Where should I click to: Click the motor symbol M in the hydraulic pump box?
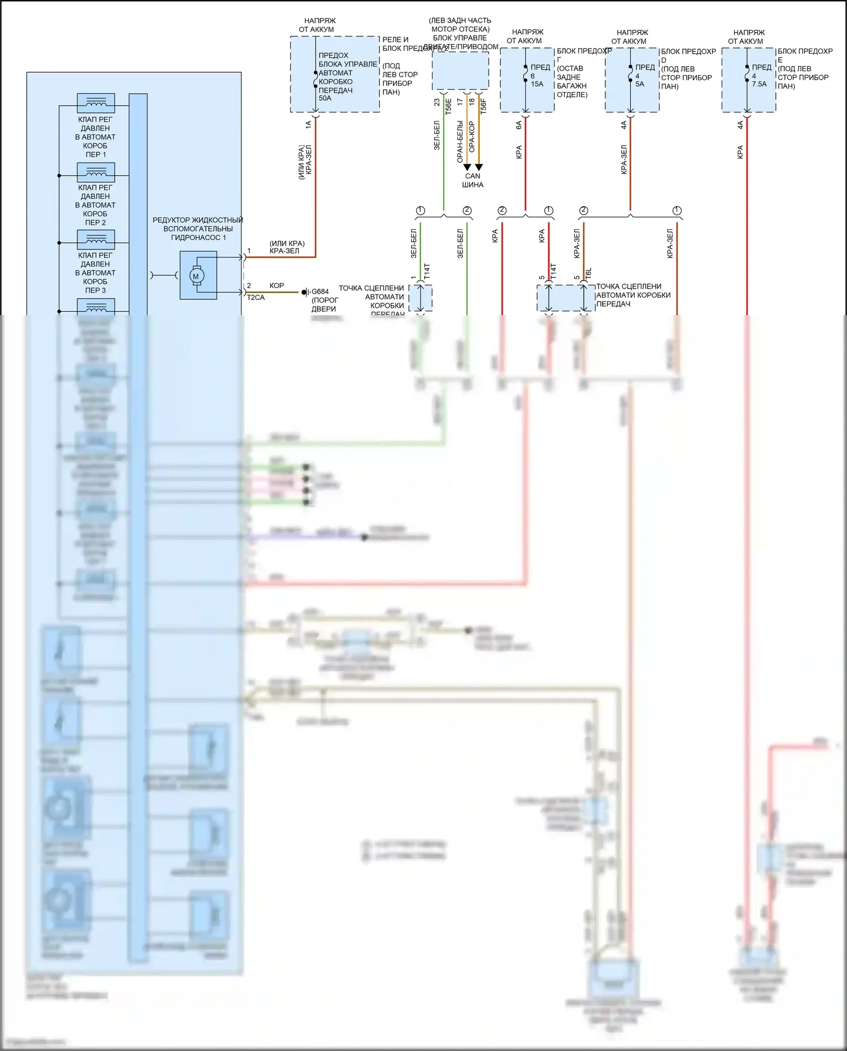(x=196, y=276)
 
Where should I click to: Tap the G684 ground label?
(x=320, y=292)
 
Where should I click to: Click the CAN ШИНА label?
(x=473, y=180)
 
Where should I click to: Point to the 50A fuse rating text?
(x=325, y=98)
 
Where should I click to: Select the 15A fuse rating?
(x=537, y=84)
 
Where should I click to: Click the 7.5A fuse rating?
(x=759, y=84)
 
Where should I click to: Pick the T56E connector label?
(x=448, y=107)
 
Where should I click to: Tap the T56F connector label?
(x=483, y=106)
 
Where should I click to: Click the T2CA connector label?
(x=256, y=298)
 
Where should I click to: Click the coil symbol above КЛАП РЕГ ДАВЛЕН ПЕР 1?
(x=96, y=103)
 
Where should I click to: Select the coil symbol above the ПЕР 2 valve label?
(x=96, y=172)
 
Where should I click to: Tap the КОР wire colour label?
(x=277, y=286)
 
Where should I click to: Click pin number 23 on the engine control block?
(x=437, y=102)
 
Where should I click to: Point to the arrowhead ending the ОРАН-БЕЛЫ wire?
(x=467, y=167)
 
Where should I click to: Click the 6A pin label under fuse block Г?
(x=519, y=125)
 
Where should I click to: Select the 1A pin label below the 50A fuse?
(x=308, y=125)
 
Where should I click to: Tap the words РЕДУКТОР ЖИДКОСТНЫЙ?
(x=198, y=220)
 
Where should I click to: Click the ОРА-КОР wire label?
(x=472, y=137)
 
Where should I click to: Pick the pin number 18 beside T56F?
(x=472, y=102)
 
